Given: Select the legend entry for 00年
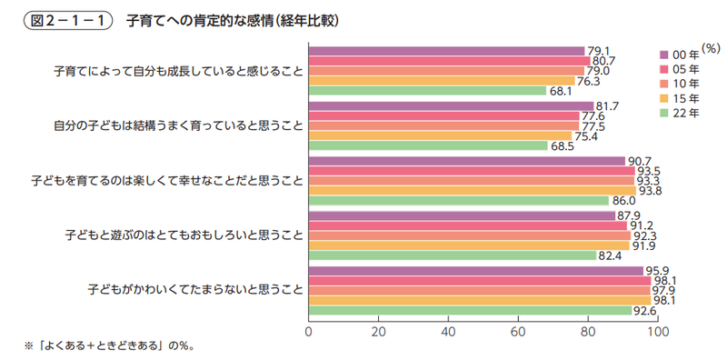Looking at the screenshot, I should [x=685, y=54].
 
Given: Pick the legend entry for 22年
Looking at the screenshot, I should [x=685, y=114].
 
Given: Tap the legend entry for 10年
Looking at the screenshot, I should [x=685, y=84].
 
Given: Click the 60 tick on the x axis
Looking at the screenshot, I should [x=518, y=331].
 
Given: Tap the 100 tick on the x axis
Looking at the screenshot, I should [x=657, y=331].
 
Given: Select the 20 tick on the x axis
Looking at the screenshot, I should [x=379, y=331].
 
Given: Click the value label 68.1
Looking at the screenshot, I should [x=559, y=91].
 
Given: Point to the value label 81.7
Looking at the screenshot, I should [x=607, y=106].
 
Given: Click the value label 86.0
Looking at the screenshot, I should [x=622, y=201].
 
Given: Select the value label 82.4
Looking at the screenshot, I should [x=609, y=255].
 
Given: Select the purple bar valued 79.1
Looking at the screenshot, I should [x=446, y=51].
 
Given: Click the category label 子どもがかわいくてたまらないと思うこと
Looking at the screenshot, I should [x=194, y=290].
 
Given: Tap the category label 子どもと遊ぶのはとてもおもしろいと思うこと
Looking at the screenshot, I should [x=184, y=235].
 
